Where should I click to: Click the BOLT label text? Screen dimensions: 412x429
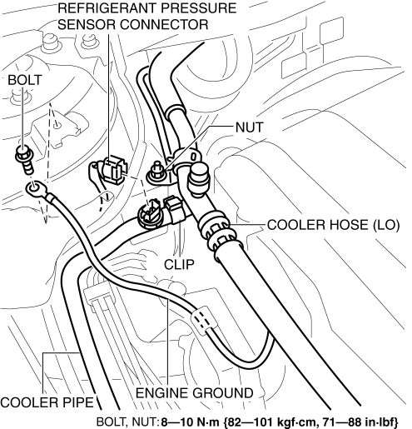[25, 80]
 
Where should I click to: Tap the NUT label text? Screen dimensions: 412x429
[249, 127]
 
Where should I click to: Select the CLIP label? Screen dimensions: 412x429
[179, 264]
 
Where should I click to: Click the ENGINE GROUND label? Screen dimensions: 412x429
[194, 393]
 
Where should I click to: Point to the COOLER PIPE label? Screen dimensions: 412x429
[47, 402]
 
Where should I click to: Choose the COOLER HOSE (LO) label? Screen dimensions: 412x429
[333, 225]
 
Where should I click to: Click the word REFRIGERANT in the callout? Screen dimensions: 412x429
[107, 8]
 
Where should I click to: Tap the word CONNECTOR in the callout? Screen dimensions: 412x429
[164, 24]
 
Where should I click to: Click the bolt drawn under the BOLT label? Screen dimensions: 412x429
[25, 159]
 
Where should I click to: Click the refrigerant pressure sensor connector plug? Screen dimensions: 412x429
[115, 170]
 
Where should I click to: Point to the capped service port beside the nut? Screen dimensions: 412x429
[198, 178]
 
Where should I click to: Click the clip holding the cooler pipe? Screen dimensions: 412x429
[175, 209]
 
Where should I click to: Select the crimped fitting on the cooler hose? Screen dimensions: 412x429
[218, 232]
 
